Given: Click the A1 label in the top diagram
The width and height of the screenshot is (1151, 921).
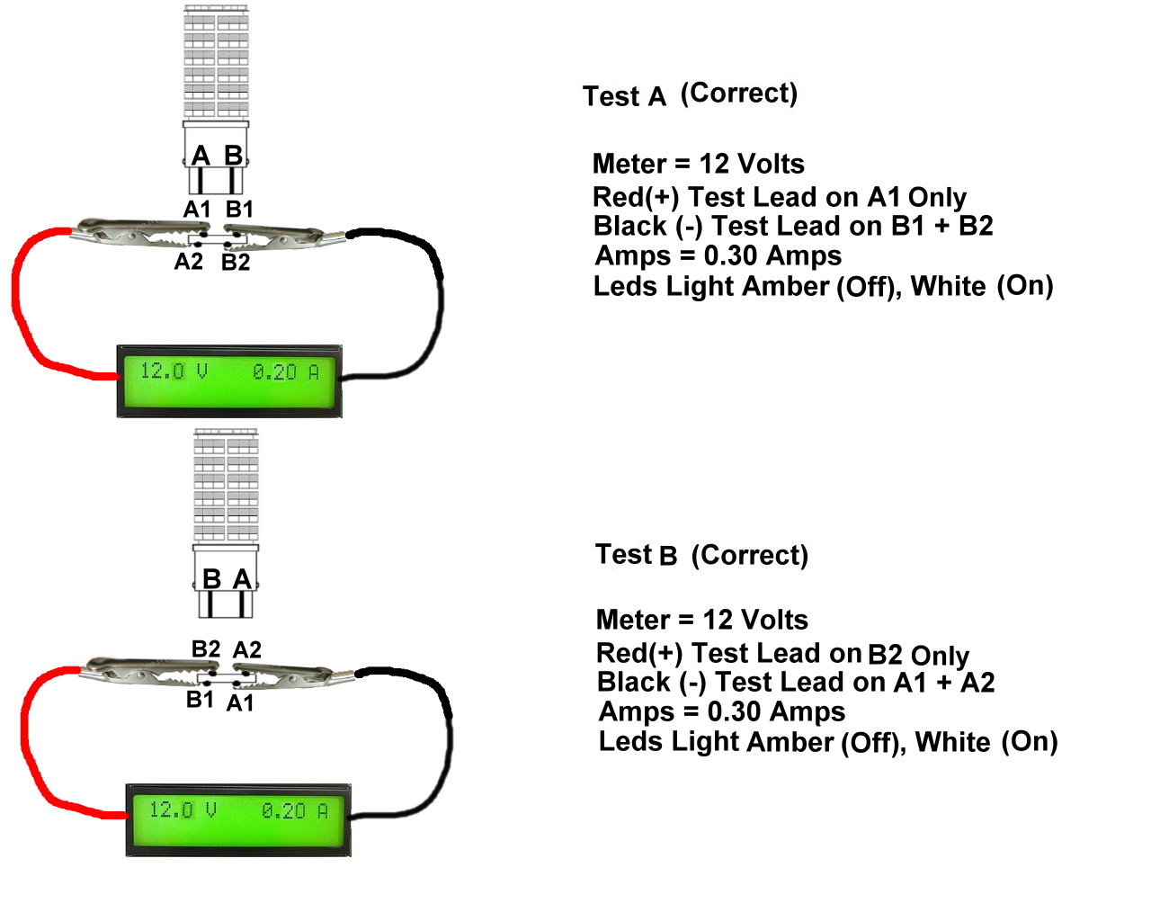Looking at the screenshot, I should [x=197, y=210].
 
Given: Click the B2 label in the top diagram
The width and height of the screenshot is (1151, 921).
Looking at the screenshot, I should [x=236, y=263].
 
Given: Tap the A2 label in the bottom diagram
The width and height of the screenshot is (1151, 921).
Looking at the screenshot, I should [x=247, y=649].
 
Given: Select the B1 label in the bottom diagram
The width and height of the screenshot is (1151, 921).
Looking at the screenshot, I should [x=201, y=699].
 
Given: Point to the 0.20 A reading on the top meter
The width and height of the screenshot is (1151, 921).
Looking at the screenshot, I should [x=286, y=371].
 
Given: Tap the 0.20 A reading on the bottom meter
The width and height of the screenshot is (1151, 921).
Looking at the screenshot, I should [x=295, y=810].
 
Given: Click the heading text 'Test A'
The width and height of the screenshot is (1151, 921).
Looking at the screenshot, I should [x=625, y=96].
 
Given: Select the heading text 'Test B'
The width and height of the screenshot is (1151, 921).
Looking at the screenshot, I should [x=636, y=555].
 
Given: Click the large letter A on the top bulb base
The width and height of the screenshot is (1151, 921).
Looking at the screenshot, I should [x=201, y=156].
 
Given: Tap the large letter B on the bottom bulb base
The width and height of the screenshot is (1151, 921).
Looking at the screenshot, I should [x=212, y=579].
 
